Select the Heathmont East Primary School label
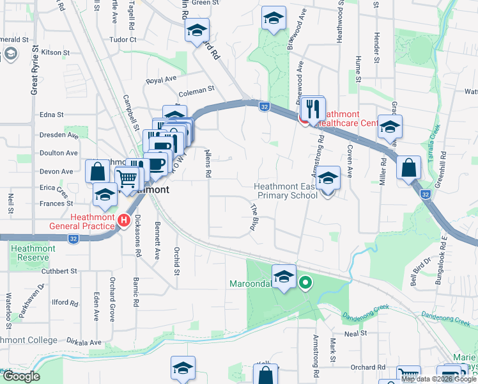click(x=285, y=191)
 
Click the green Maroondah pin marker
click(x=306, y=281)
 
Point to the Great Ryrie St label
click(x=35, y=70)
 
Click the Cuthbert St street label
click(x=61, y=271)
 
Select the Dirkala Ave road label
click(x=86, y=342)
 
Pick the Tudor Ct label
click(x=123, y=39)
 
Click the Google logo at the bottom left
click(x=21, y=376)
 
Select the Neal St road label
click(x=355, y=333)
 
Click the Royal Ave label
click(x=161, y=79)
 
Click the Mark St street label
click(x=333, y=349)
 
